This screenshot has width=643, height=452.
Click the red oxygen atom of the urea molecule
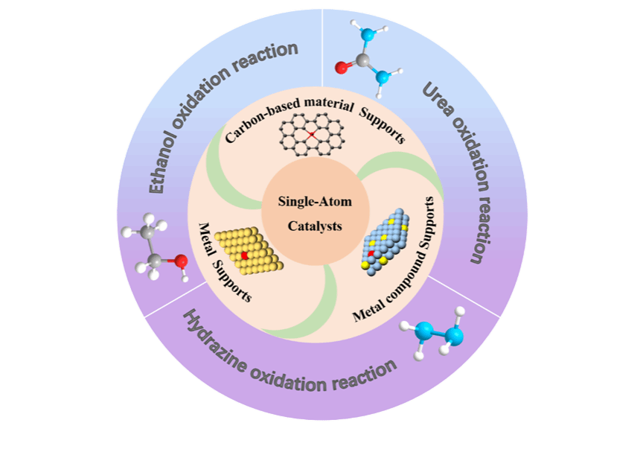click(x=342, y=69)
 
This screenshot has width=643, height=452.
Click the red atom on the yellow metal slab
click(x=244, y=255)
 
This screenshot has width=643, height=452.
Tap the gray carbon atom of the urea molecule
click(x=362, y=60)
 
